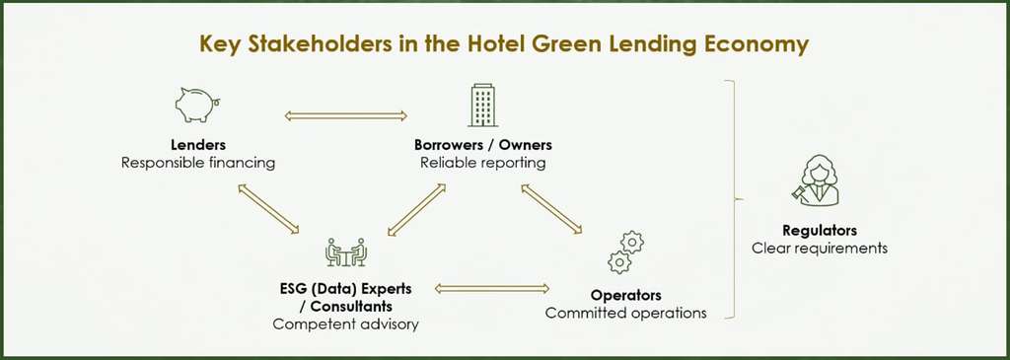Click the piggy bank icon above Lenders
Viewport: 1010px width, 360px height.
[x=197, y=103]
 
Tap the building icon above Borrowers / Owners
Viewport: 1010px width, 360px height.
[x=482, y=104]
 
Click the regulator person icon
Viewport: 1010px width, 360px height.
[x=818, y=183]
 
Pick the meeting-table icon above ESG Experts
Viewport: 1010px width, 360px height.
[x=346, y=252]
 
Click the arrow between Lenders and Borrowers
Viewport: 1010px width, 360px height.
[x=345, y=117]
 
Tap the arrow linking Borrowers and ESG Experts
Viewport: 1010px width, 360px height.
[x=424, y=210]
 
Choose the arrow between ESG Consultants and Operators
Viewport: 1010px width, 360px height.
[x=491, y=288]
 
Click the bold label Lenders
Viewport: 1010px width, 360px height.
[x=198, y=145]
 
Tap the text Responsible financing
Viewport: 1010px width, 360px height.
[x=198, y=163]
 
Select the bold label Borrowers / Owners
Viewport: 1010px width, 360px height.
[x=483, y=145]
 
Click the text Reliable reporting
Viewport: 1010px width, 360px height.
[x=483, y=163]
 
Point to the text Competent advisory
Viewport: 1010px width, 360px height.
[x=345, y=324]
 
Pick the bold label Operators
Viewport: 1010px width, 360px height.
[x=625, y=295]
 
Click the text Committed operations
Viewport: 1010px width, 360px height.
[x=625, y=314]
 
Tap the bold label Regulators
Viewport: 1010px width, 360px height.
[x=819, y=230]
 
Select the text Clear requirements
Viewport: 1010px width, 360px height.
[x=819, y=248]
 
